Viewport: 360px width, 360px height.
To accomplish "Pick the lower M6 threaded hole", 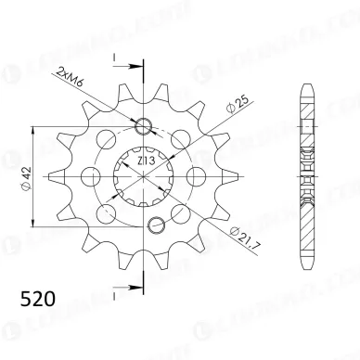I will (x=158, y=222).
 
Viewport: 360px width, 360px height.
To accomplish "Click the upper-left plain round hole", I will (x=108, y=139).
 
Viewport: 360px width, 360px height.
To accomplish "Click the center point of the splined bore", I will (x=146, y=175).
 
